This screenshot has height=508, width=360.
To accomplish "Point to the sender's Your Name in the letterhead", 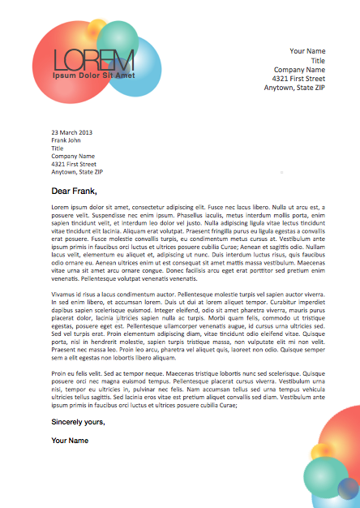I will pyautogui.click(x=307, y=51).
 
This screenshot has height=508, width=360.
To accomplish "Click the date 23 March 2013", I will pyautogui.click(x=72, y=131).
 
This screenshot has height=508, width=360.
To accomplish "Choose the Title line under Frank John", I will pyautogui.click(x=57, y=148).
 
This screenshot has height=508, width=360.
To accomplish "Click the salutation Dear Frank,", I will pyautogui.click(x=74, y=192).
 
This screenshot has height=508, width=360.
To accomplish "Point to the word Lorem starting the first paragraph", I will pyautogui.click(x=59, y=207).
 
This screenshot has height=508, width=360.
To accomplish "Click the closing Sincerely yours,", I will pyautogui.click(x=78, y=422).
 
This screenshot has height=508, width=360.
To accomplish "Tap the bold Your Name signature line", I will pyautogui.click(x=71, y=440).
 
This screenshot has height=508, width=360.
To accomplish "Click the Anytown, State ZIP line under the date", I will pyautogui.click(x=77, y=172).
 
